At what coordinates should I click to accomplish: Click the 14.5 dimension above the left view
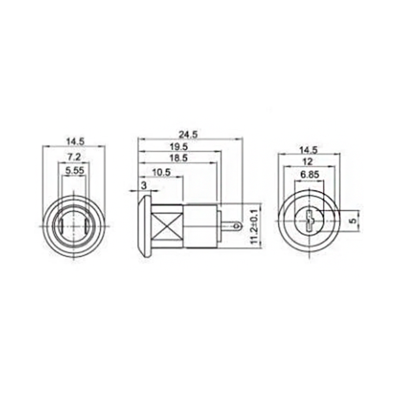[74, 140]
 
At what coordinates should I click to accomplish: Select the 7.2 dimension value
[74, 157]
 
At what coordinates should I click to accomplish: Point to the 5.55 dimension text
[74, 172]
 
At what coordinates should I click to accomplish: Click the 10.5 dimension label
[161, 172]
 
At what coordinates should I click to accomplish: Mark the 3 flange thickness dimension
[144, 186]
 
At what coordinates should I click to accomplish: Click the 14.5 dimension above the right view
[311, 149]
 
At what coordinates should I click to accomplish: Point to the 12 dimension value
[311, 162]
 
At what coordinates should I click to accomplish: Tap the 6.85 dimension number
[311, 175]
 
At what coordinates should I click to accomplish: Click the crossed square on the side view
[168, 226]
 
